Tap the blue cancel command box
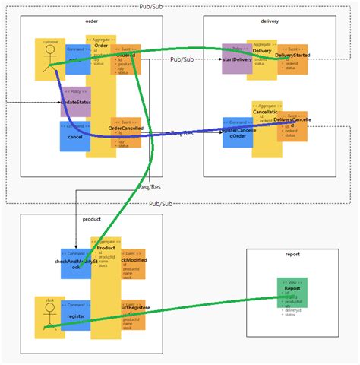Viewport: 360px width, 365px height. (74, 136)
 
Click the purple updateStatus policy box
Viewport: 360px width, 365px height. (74, 101)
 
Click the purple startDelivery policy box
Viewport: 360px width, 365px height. (236, 59)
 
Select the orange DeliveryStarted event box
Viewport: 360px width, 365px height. (292, 59)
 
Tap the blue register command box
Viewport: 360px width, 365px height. (74, 314)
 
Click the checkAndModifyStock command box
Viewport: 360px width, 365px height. (75, 263)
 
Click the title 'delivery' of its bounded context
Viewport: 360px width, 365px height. (270, 21)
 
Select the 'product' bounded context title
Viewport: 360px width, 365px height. (91, 219)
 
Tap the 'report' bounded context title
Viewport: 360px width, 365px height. (292, 255)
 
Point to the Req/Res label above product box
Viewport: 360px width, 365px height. (150, 186)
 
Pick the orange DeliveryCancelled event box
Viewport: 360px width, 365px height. (292, 123)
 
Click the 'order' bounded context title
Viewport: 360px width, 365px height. (91, 21)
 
